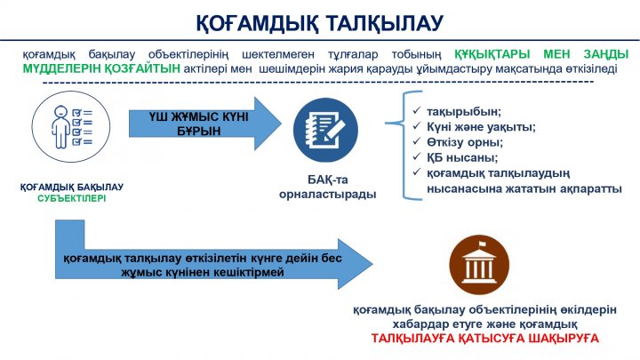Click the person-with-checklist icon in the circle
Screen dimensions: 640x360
[71, 126]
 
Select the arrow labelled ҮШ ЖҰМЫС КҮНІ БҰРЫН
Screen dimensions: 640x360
[205, 124]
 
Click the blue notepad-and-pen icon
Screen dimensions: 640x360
[325, 130]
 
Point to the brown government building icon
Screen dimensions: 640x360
[479, 265]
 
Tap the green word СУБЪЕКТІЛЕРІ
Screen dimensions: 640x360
[72, 198]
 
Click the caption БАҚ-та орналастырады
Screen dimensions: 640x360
[327, 187]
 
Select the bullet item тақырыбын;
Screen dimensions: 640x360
[464, 111]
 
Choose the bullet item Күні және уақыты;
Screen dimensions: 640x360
[481, 127]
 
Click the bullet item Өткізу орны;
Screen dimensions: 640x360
[465, 142]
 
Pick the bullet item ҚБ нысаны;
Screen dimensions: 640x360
[462, 157]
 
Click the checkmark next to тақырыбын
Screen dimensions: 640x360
[417, 111]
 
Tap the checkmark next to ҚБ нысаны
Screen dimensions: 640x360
[417, 157]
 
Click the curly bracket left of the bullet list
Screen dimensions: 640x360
[404, 123]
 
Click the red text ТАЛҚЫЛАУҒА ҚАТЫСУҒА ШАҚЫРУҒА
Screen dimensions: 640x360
[485, 339]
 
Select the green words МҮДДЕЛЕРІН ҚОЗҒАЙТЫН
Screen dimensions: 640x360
[101, 68]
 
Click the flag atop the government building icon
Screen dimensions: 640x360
[482, 244]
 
